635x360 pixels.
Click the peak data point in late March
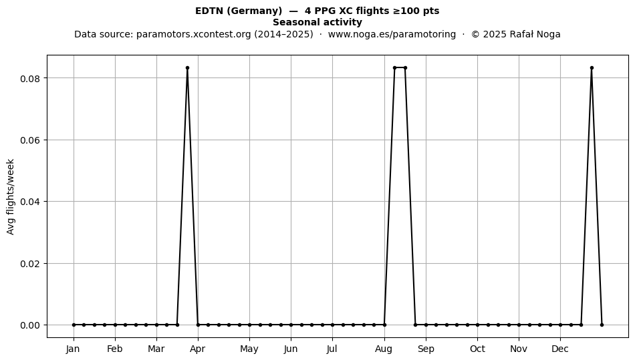point(188,68)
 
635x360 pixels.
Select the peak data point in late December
point(592,68)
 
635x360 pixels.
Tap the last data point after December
point(602,325)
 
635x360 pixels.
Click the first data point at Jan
point(74,325)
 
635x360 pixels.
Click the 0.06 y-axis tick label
point(31,140)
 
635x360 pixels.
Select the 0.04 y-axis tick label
point(31,202)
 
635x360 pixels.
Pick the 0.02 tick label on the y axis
point(31,264)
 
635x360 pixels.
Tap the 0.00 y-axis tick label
point(31,326)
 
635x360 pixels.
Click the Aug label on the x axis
point(384,349)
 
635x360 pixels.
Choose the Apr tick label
point(198,349)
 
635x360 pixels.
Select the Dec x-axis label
point(560,349)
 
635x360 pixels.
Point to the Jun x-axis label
point(291,349)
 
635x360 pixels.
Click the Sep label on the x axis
point(426,349)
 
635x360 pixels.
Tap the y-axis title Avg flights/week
point(11,196)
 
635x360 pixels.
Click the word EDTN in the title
point(209,11)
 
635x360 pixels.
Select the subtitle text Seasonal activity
point(317,22)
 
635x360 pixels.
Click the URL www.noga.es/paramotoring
point(392,34)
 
